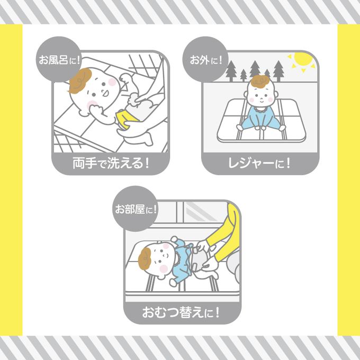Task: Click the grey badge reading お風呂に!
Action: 59,59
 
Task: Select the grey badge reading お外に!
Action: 205,59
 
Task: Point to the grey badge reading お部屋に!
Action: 135,209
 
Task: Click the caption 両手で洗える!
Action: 111,163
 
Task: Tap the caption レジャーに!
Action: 259,163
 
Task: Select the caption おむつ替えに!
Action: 181,312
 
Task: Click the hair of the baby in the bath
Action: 80,80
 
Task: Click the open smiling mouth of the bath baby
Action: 105,94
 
